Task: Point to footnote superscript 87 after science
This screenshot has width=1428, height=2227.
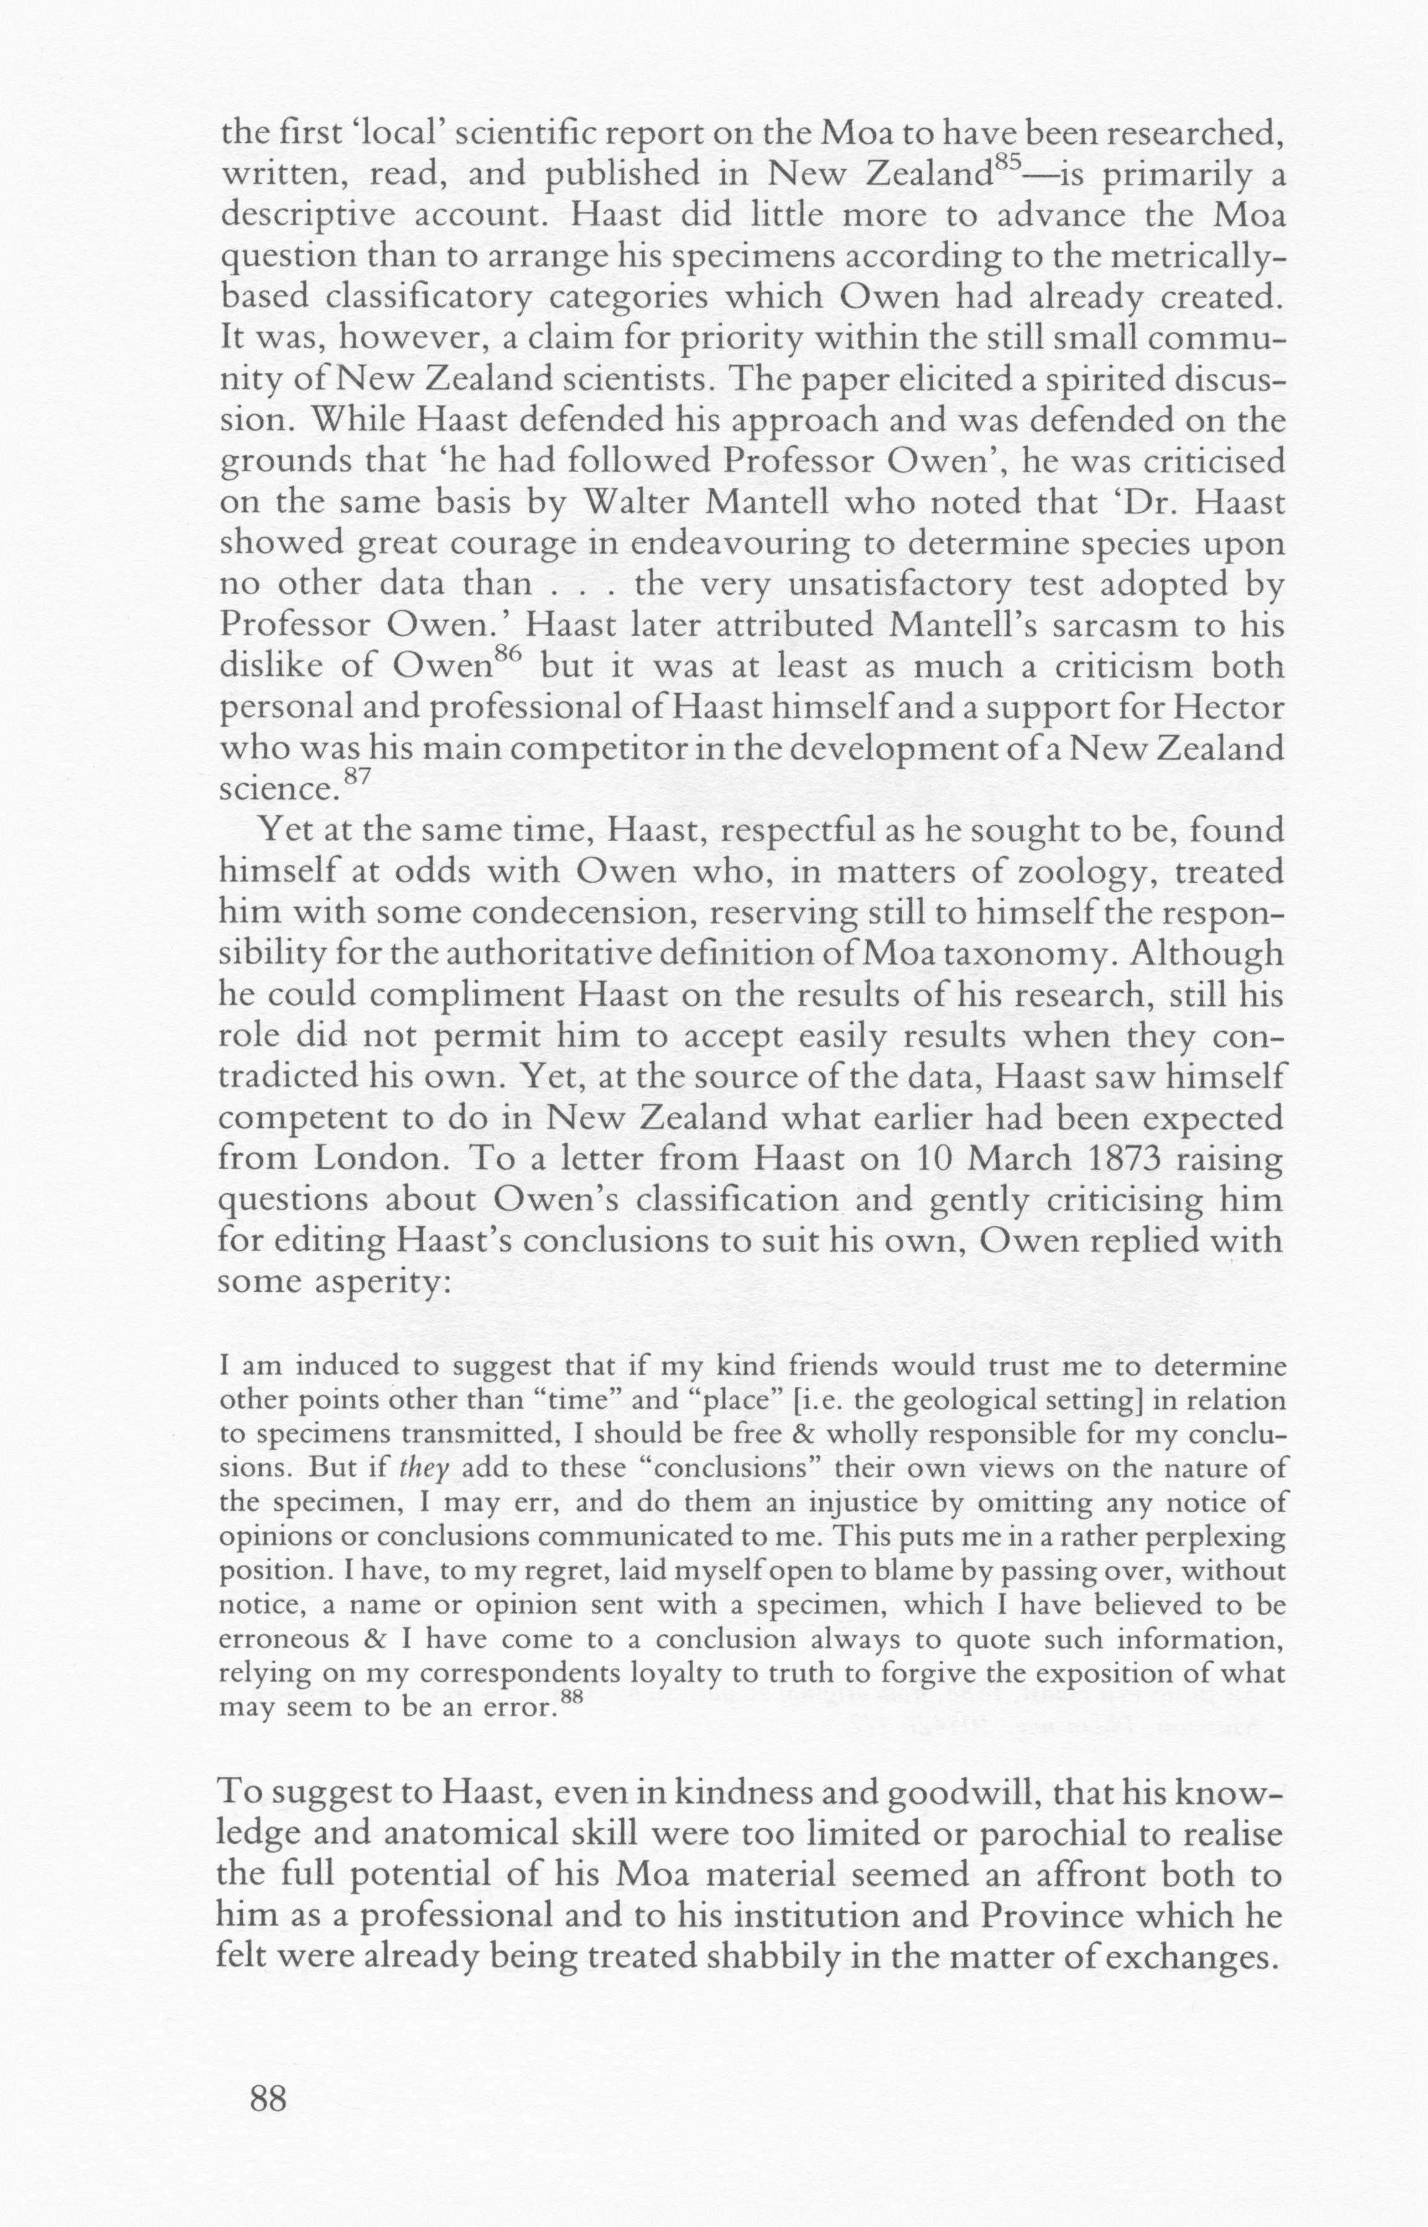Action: (357, 777)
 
